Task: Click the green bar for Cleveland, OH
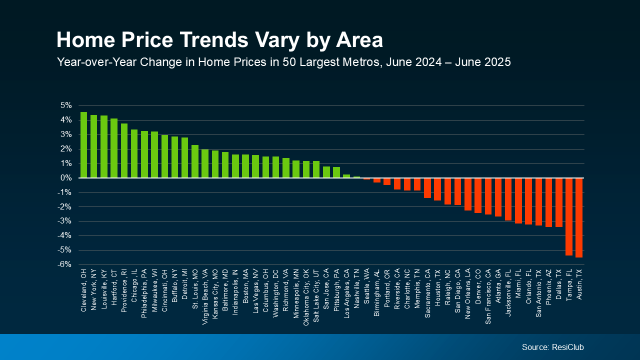click(x=83, y=145)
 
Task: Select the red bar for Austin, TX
click(x=579, y=217)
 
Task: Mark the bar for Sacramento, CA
click(x=427, y=188)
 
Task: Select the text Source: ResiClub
click(x=552, y=347)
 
